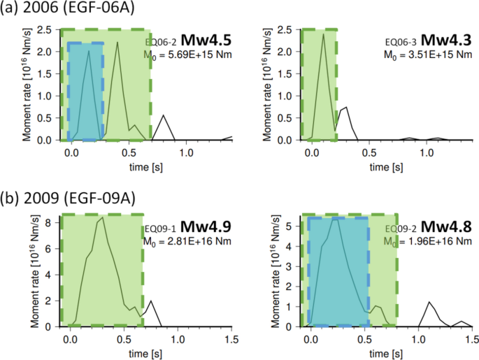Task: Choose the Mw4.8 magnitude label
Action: coord(449,227)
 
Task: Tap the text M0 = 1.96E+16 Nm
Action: coord(428,241)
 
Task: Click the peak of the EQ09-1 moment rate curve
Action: coord(103,218)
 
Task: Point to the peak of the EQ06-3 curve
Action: coord(323,35)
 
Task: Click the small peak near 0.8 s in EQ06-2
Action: coord(164,115)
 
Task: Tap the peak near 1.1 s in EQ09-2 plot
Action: coord(429,302)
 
